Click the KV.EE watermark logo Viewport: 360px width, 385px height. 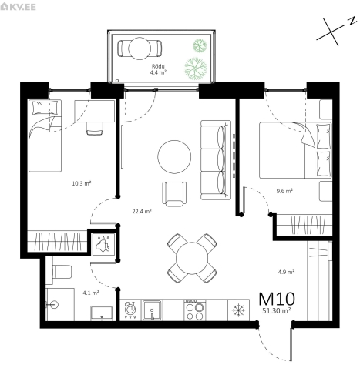pyautogui.click(x=18, y=7)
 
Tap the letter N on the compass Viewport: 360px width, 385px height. pyautogui.click(x=352, y=21)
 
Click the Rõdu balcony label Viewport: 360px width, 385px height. pyautogui.click(x=158, y=67)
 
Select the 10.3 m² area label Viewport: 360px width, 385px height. pyautogui.click(x=82, y=183)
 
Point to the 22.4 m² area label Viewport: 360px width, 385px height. pyautogui.click(x=142, y=211)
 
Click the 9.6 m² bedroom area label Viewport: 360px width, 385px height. pyautogui.click(x=284, y=191)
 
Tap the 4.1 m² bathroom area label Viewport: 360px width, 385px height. pyautogui.click(x=91, y=293)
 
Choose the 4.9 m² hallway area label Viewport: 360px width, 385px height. pyautogui.click(x=286, y=272)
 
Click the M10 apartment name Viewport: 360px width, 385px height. pyautogui.click(x=277, y=299)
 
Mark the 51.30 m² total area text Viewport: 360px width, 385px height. pyautogui.click(x=277, y=311)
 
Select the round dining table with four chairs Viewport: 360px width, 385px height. pyautogui.click(x=192, y=258)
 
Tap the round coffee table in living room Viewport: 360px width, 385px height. pyautogui.click(x=174, y=157)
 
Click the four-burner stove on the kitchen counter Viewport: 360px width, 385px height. pyautogui.click(x=195, y=310)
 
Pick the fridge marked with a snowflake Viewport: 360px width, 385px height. pyautogui.click(x=238, y=310)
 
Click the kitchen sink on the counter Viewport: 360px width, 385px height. pyautogui.click(x=152, y=310)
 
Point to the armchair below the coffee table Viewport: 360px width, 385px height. pyautogui.click(x=174, y=194)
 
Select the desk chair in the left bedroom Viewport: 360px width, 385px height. pyautogui.click(x=95, y=129)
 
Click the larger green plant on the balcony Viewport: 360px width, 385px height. pyautogui.click(x=196, y=69)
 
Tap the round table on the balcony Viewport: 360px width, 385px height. pyautogui.click(x=140, y=49)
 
